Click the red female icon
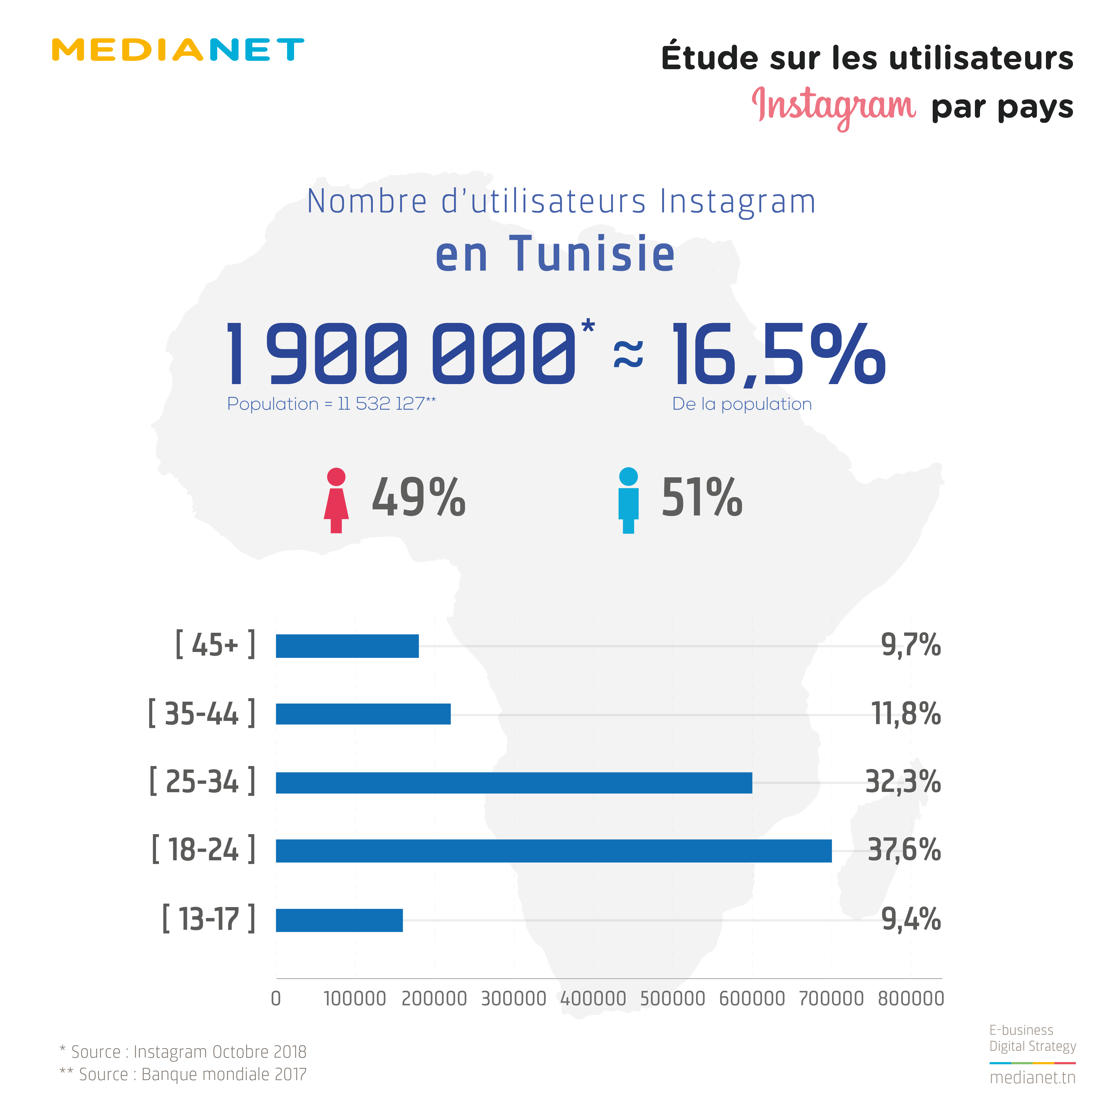[336, 500]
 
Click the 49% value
[418, 498]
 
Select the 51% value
[702, 498]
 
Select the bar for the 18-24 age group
[553, 851]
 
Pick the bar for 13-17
[339, 920]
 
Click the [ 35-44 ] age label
[202, 714]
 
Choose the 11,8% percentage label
[906, 714]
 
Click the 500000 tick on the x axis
[672, 998]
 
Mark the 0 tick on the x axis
[276, 998]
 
